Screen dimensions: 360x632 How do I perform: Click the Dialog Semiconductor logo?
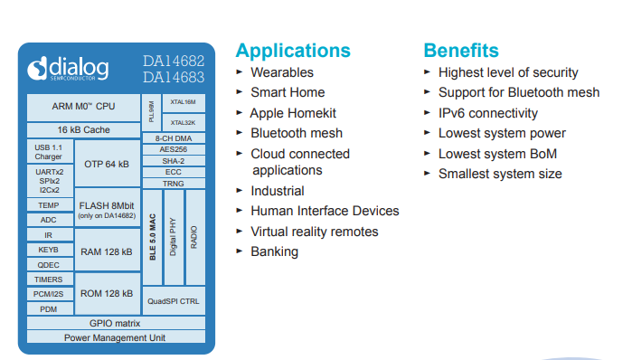tap(68, 69)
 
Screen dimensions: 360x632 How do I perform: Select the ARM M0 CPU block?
tap(84, 106)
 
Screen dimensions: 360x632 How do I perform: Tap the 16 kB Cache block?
tap(84, 129)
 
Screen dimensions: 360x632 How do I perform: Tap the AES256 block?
tap(174, 149)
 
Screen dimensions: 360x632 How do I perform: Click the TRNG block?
tap(174, 183)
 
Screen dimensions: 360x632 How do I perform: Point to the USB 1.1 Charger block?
tap(49, 151)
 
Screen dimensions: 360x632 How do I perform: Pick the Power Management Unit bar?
tap(115, 337)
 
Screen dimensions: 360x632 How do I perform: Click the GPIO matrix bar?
tap(115, 323)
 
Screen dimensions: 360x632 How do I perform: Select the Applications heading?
tap(292, 50)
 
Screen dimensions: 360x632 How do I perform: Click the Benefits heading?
tap(461, 50)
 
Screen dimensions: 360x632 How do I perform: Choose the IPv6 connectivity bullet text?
tap(488, 113)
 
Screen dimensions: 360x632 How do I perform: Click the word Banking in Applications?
tap(274, 251)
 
